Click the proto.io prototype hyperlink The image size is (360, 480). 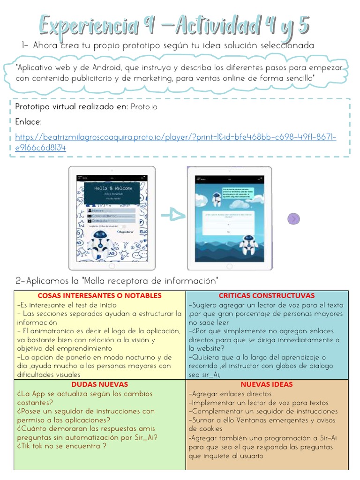pyautogui.click(x=175, y=137)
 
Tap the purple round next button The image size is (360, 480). pyautogui.click(x=293, y=218)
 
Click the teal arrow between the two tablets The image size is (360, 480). pyautogui.click(x=173, y=215)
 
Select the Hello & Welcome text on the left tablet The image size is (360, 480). pyautogui.click(x=113, y=188)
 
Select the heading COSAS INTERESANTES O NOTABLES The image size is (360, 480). pyautogui.click(x=99, y=295)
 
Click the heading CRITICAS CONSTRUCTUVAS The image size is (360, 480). pyautogui.click(x=267, y=295)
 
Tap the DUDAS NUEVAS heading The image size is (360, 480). pyautogui.click(x=99, y=384)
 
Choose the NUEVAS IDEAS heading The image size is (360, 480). pyautogui.click(x=267, y=384)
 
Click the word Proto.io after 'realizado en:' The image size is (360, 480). pyautogui.click(x=144, y=107)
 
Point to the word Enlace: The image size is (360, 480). pyautogui.click(x=29, y=122)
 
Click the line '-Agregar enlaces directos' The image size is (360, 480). pyautogui.click(x=230, y=394)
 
